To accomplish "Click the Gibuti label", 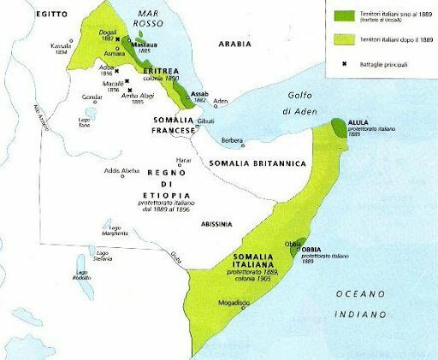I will coord(205,124).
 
